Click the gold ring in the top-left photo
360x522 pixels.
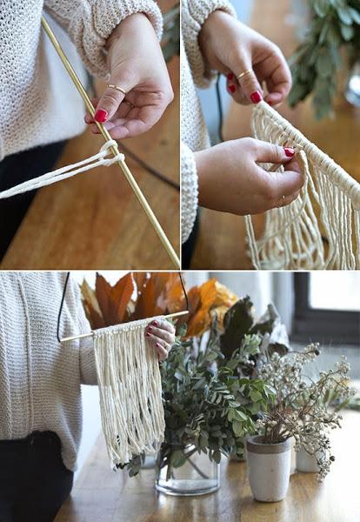(117, 89)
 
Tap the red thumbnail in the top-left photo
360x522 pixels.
(101, 115)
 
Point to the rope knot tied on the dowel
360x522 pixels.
(107, 154)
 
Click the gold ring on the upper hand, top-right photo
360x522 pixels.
(246, 75)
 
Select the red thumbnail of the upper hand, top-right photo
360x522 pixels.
(256, 97)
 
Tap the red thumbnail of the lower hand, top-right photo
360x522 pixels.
(288, 152)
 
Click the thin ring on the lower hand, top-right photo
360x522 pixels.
(280, 201)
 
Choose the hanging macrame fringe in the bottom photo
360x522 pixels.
(129, 391)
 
